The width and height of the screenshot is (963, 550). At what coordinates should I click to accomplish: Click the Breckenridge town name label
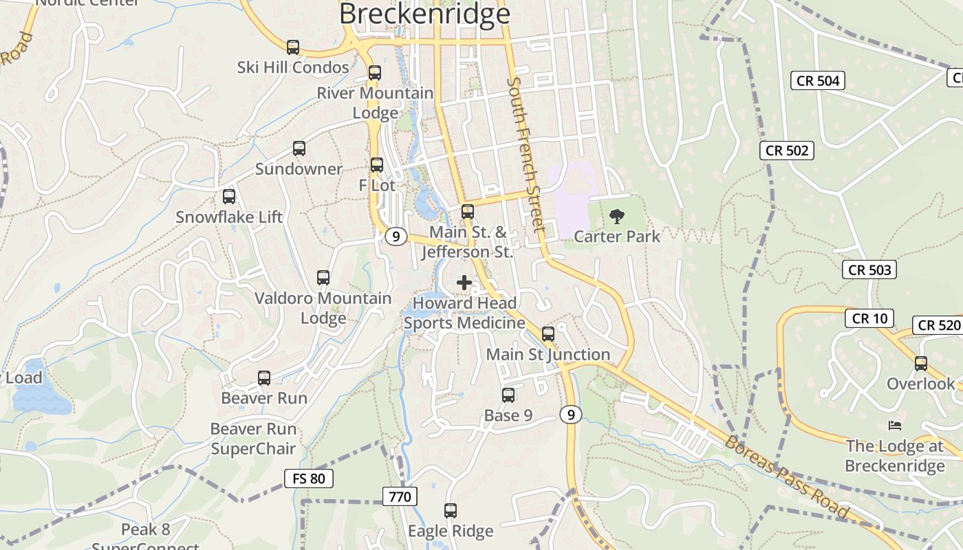(424, 14)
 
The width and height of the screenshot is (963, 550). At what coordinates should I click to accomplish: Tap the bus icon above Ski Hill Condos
(293, 47)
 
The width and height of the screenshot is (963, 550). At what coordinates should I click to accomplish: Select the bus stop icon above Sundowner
(299, 148)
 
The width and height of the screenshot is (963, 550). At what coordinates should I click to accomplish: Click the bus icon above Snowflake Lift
(229, 197)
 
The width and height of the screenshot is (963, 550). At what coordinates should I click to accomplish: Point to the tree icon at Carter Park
(617, 217)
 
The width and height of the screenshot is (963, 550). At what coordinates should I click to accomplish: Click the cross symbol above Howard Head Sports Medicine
(464, 282)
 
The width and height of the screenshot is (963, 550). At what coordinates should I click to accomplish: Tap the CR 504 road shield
(818, 80)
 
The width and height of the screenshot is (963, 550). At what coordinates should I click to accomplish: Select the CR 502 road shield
(787, 150)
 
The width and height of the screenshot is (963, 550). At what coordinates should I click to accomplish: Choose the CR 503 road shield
(870, 269)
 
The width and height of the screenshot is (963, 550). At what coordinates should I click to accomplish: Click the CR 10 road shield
(869, 318)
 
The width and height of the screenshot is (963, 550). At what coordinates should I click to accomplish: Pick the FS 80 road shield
(309, 478)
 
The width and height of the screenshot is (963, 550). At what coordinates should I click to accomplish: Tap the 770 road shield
(400, 496)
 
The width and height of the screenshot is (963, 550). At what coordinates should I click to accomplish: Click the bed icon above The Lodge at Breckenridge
(894, 426)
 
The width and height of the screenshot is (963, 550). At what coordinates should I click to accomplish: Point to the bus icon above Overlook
(921, 363)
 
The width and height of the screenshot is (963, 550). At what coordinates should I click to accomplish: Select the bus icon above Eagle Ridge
(451, 511)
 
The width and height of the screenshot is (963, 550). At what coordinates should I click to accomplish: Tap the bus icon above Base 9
(508, 395)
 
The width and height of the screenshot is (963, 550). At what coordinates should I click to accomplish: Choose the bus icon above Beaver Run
(264, 377)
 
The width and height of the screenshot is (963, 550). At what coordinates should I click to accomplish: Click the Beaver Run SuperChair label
(253, 439)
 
